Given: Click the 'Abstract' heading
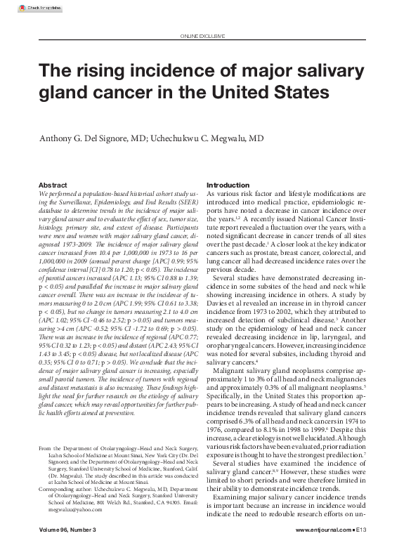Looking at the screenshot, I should [53, 185].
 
